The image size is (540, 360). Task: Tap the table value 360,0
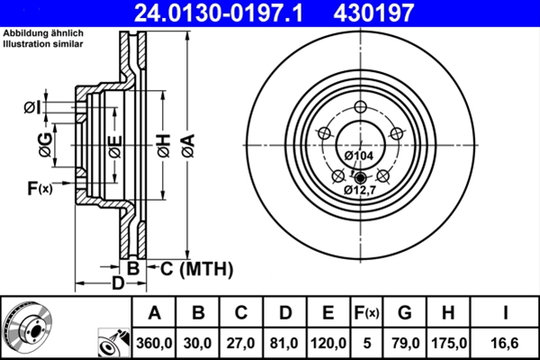pos(154,343)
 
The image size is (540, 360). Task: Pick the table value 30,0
pos(198,343)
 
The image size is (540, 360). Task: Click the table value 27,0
pos(240,343)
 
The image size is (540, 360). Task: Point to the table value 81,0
pos(283,343)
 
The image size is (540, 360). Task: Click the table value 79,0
pos(404,343)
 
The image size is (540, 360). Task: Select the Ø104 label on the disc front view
pos(360,156)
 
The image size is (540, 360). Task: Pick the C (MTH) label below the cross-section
pos(196,268)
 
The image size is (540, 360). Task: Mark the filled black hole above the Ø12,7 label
pos(360,176)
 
